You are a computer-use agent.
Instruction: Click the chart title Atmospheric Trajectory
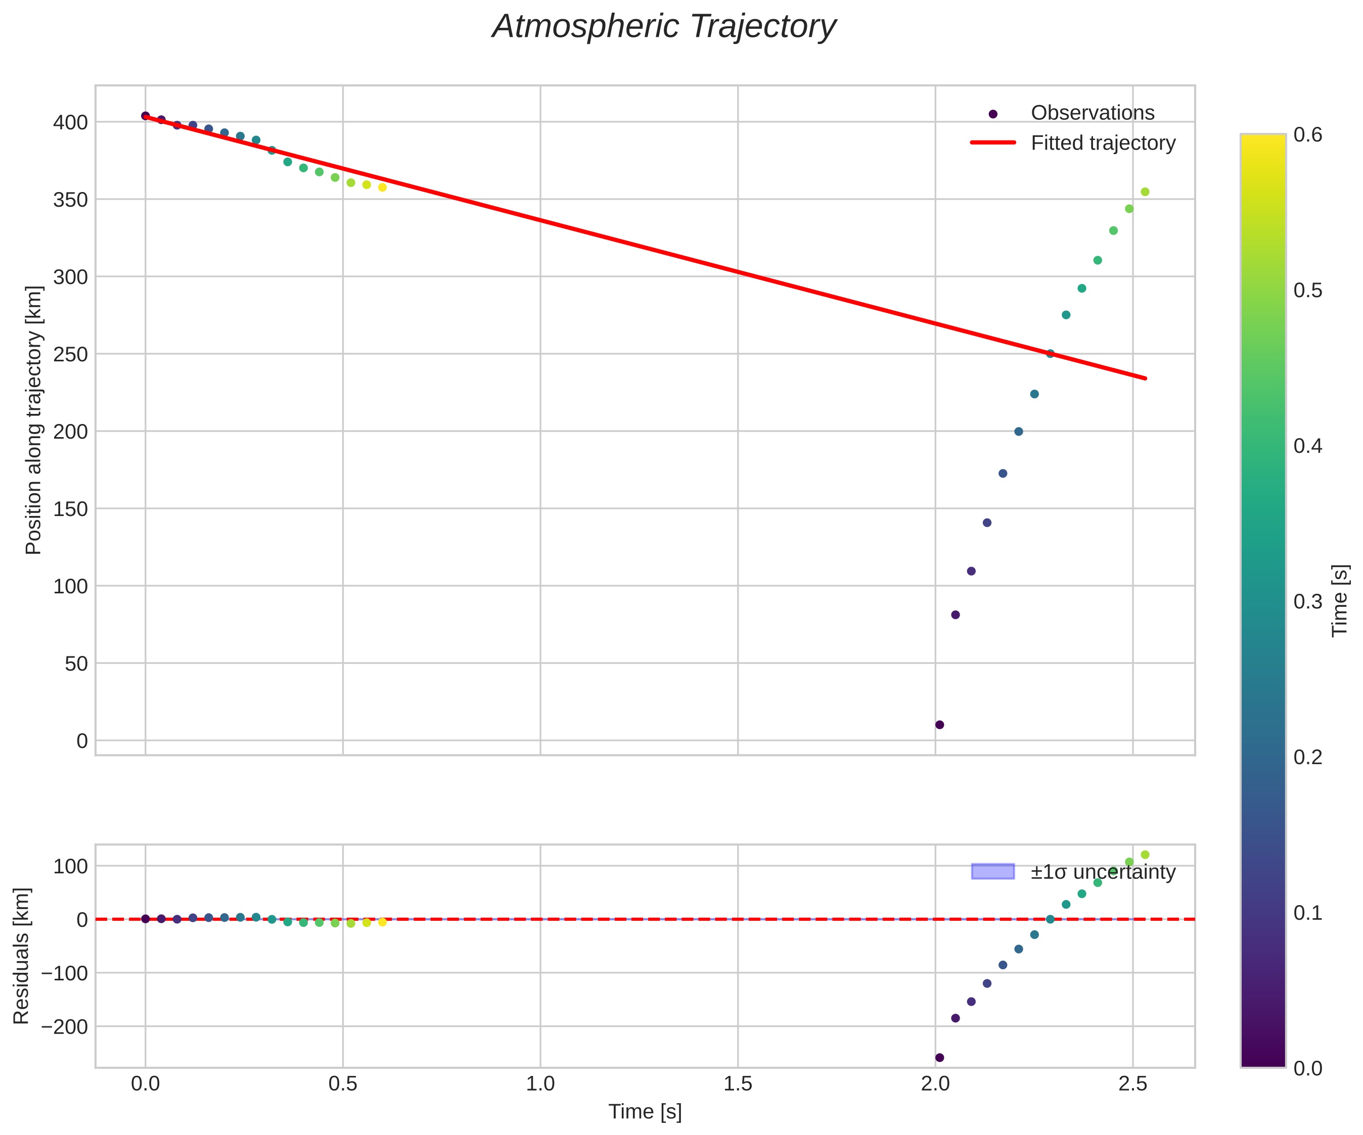[663, 27]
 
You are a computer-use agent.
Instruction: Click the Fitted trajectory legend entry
[1103, 143]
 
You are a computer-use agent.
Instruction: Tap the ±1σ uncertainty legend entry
[1103, 872]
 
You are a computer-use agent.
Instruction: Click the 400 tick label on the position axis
[70, 123]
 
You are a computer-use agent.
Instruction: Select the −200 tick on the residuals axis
[64, 1027]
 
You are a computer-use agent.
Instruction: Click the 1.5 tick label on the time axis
[737, 1084]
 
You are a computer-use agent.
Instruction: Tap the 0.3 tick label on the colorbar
[1308, 601]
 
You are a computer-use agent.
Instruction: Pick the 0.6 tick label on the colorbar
[1308, 134]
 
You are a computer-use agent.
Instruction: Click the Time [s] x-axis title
[645, 1112]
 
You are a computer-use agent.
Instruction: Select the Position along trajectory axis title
[34, 420]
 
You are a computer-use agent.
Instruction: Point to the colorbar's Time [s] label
[1340, 601]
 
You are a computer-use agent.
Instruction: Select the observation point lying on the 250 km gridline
[1050, 354]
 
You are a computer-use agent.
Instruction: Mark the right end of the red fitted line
[1146, 379]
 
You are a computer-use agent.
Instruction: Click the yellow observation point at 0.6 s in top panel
[382, 187]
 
